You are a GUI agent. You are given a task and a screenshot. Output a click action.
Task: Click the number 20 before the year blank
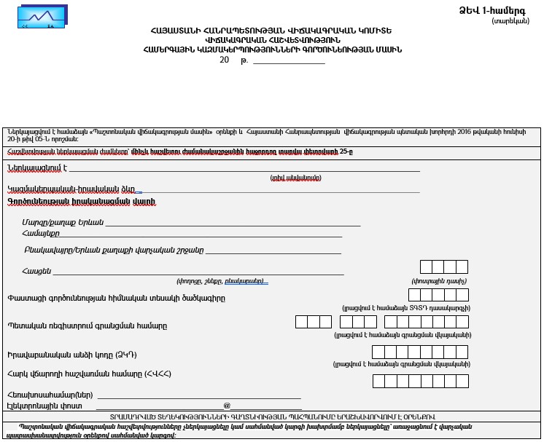224,60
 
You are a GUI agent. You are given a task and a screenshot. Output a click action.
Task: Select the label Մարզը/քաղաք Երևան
63,222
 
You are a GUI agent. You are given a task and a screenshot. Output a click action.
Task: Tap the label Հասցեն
36,272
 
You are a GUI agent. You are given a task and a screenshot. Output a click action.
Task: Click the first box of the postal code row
427,267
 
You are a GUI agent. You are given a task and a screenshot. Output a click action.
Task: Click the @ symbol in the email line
227,406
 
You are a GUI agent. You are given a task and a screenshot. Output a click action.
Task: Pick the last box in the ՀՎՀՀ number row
461,381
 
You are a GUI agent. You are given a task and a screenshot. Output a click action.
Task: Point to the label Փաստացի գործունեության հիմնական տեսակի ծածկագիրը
117,297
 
